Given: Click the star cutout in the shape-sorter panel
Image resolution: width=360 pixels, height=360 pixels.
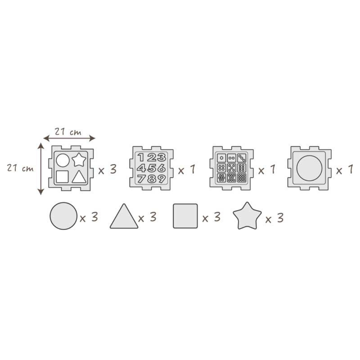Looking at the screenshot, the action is [79, 160].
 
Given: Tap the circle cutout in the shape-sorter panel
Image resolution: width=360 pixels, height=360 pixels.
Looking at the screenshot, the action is [63, 160].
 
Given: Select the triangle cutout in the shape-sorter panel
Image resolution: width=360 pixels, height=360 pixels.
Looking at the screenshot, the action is [79, 177].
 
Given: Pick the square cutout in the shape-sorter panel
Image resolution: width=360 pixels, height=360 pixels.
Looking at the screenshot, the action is [62, 177].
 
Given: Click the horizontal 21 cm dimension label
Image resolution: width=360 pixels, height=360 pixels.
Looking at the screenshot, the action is [68, 132].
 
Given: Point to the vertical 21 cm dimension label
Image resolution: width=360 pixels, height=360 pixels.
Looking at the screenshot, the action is [20, 168].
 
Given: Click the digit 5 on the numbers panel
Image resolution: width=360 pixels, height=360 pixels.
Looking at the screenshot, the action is [152, 168].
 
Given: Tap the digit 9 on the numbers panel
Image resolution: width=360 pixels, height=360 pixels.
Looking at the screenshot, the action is [161, 179].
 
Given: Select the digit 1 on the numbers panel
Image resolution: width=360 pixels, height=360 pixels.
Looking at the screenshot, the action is [141, 157].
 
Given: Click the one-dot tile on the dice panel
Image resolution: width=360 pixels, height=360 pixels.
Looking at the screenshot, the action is [222, 158].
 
